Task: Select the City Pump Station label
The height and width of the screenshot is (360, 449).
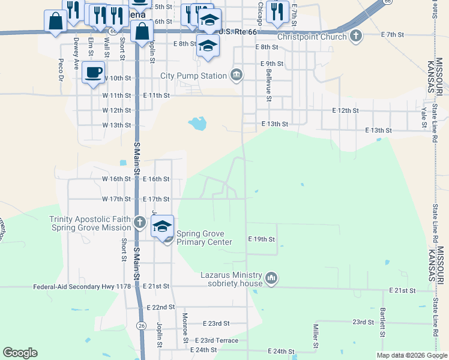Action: [193, 76]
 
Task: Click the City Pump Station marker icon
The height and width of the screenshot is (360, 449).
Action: [237, 75]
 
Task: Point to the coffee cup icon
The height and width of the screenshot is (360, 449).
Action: [93, 73]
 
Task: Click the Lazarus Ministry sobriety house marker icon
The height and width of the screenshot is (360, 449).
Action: [272, 278]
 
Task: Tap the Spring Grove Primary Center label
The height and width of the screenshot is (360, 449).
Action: [203, 238]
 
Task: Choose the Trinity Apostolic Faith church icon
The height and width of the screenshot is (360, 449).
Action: [139, 223]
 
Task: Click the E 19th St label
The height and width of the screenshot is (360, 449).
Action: [261, 239]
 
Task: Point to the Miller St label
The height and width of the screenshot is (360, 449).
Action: [315, 336]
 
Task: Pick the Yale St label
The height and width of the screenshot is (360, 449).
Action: [423, 118]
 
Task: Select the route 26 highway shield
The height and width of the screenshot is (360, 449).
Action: [141, 325]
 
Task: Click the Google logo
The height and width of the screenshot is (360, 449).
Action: [20, 353]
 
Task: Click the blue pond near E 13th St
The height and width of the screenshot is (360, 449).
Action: [197, 124]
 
